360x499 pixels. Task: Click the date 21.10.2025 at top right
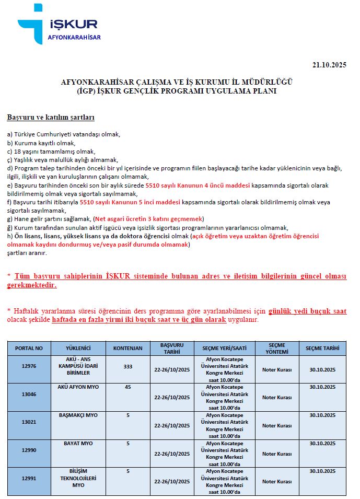tap(329, 65)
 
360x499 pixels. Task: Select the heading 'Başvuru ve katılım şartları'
tap(51, 118)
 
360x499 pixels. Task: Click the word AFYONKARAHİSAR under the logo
tap(74, 38)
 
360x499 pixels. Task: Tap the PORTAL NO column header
tap(29, 348)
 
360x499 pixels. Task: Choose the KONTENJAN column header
tap(127, 348)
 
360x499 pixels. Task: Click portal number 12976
tap(29, 366)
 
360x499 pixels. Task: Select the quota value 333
tap(127, 366)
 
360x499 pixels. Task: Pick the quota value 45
tap(127, 387)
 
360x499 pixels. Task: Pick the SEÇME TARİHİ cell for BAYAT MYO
tap(322, 444)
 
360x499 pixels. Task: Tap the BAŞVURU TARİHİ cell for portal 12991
tap(171, 482)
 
